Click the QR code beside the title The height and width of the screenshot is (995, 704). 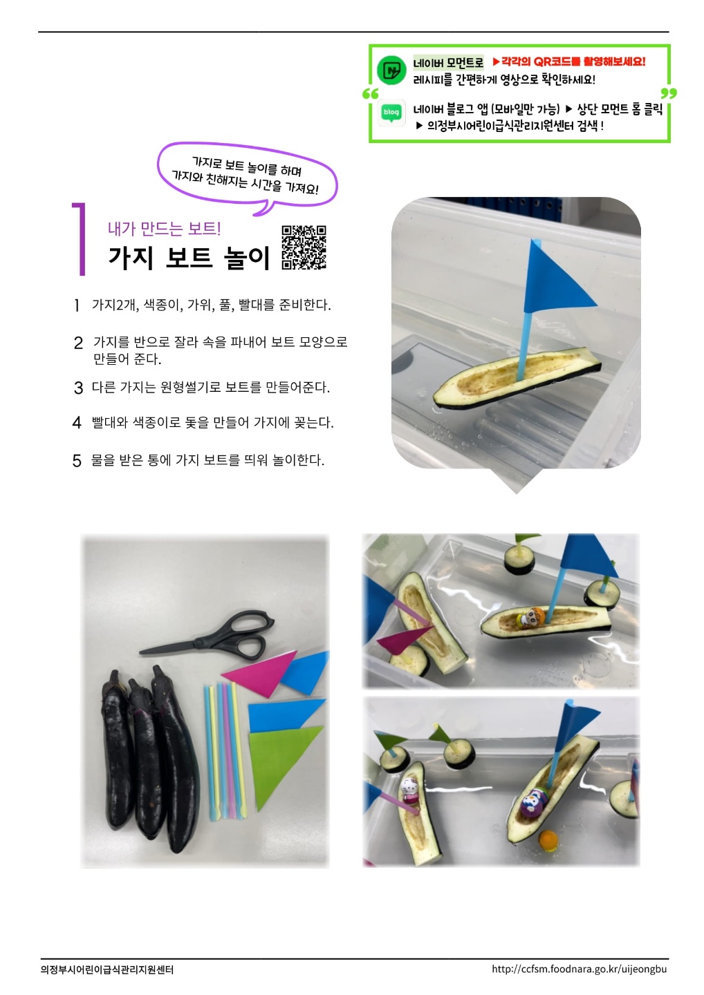pyautogui.click(x=304, y=247)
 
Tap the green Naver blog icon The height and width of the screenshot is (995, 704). pyautogui.click(x=391, y=113)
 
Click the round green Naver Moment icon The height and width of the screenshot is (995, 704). pyautogui.click(x=391, y=70)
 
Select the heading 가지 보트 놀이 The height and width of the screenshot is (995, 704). pyautogui.click(x=189, y=258)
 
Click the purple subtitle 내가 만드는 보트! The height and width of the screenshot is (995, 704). pyautogui.click(x=165, y=229)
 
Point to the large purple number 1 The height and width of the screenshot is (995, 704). pyautogui.click(x=79, y=239)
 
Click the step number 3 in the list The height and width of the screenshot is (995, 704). pyautogui.click(x=78, y=388)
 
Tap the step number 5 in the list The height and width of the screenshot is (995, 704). pyautogui.click(x=77, y=461)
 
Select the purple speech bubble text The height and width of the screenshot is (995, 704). pyautogui.click(x=246, y=175)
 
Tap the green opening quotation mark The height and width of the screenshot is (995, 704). pyautogui.click(x=370, y=94)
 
